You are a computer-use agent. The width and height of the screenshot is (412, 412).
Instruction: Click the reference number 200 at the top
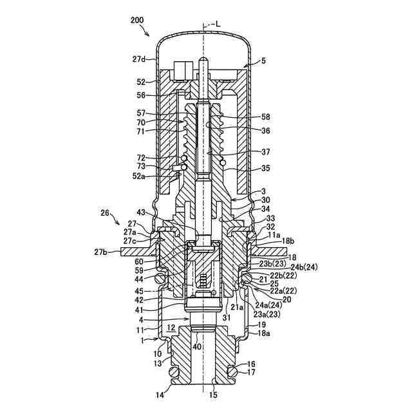(x=137, y=21)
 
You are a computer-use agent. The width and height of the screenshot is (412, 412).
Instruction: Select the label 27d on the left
(x=140, y=59)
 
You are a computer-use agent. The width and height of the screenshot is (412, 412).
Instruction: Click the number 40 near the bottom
(x=197, y=347)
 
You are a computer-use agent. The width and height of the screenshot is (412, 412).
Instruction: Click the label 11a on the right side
(x=274, y=236)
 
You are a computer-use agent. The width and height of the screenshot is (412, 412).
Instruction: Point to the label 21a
(x=237, y=307)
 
